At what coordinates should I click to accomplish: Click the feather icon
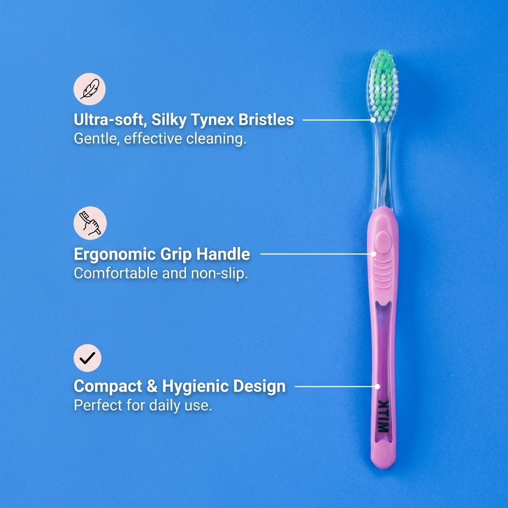click(x=90, y=89)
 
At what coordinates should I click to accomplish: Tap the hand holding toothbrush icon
click(x=90, y=223)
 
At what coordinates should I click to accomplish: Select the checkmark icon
click(x=87, y=357)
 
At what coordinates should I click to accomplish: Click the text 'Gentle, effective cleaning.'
click(x=160, y=138)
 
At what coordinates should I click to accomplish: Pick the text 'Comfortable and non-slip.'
click(x=160, y=273)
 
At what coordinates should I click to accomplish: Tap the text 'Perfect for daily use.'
click(x=143, y=405)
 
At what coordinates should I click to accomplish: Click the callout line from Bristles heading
click(x=337, y=120)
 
